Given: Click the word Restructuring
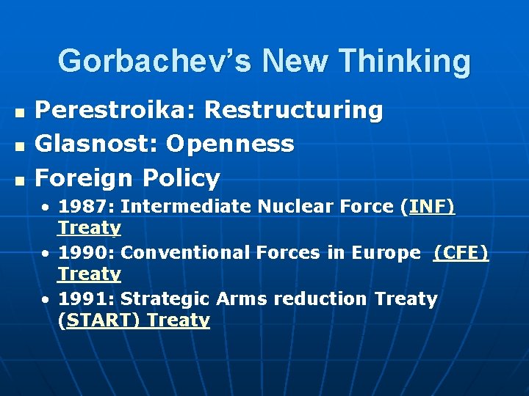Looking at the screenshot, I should (294, 110).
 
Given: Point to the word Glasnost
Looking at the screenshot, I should (97, 144).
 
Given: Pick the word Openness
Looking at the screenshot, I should (230, 144).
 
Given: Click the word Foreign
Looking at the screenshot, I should (84, 177).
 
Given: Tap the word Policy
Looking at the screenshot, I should (181, 177).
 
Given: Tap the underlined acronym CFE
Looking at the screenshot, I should (461, 253).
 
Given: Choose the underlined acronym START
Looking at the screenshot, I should (101, 320).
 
